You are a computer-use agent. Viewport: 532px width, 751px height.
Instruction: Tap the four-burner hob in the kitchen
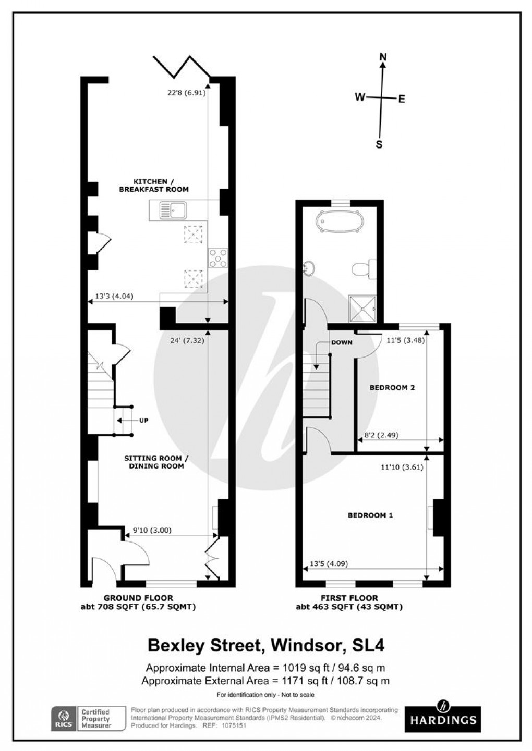[218, 257]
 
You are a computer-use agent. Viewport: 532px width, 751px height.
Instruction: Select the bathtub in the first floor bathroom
[340, 221]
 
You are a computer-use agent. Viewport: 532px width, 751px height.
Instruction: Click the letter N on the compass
[383, 57]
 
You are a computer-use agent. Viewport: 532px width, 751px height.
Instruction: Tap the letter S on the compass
[379, 145]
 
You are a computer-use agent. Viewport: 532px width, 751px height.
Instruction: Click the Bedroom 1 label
[370, 515]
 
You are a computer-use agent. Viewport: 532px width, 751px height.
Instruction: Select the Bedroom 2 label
[392, 388]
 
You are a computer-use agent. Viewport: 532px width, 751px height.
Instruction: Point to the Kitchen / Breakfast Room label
[154, 186]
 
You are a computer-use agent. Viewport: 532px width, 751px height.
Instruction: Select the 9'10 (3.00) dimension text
[152, 531]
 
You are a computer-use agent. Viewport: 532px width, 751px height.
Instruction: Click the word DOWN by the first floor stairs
[342, 342]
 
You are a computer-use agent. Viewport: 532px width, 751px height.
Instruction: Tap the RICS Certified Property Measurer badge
[88, 719]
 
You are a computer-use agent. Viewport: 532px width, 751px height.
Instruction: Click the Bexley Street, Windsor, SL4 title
[266, 646]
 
